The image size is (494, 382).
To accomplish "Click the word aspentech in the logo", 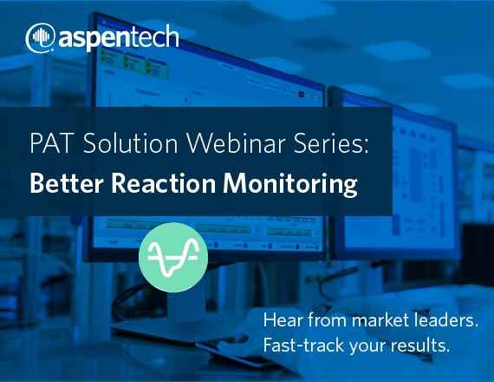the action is coord(119,37).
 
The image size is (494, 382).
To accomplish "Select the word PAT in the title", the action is coord(50,143).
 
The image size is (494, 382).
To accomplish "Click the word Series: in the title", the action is coord(331,143).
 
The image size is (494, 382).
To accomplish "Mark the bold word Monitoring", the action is coord(290,184).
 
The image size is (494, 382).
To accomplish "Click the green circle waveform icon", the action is coord(173,257).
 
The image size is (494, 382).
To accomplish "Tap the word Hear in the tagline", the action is coord(283,320).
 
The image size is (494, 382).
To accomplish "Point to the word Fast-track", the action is coord(303,345).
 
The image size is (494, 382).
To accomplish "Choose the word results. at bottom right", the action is coord(420,345).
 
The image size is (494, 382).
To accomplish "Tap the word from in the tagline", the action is coord(327,320).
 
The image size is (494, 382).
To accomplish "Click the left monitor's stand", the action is coord(183,306).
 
